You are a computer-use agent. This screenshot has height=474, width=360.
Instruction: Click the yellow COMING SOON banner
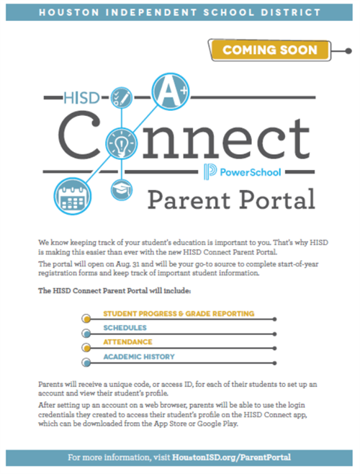(269, 50)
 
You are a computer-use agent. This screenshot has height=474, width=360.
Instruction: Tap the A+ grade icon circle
(171, 91)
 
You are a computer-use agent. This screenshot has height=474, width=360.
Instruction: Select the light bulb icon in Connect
(122, 143)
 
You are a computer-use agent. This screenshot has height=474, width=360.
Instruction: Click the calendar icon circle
(73, 196)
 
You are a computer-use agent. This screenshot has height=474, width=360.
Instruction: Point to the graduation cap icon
(122, 190)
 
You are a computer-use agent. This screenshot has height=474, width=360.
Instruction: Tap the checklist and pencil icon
(122, 98)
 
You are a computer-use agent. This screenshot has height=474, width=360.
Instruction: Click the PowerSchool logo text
(251, 172)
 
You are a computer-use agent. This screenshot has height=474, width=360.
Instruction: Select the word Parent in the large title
(189, 200)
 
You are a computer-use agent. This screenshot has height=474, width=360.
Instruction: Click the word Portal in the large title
(277, 200)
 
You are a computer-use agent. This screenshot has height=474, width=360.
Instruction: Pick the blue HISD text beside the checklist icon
(81, 98)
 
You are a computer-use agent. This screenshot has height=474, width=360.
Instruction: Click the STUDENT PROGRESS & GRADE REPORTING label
(179, 313)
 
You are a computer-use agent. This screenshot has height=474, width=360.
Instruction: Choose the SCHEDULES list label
(125, 328)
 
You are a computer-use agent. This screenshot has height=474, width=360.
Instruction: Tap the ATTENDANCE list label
(127, 342)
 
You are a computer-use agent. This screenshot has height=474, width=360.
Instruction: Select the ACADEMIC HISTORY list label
(139, 357)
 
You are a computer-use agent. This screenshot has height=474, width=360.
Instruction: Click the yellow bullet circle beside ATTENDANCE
(86, 348)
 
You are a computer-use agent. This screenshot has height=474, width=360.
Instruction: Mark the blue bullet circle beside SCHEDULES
(86, 334)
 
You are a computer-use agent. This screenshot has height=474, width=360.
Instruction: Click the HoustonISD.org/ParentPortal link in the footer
(232, 457)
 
